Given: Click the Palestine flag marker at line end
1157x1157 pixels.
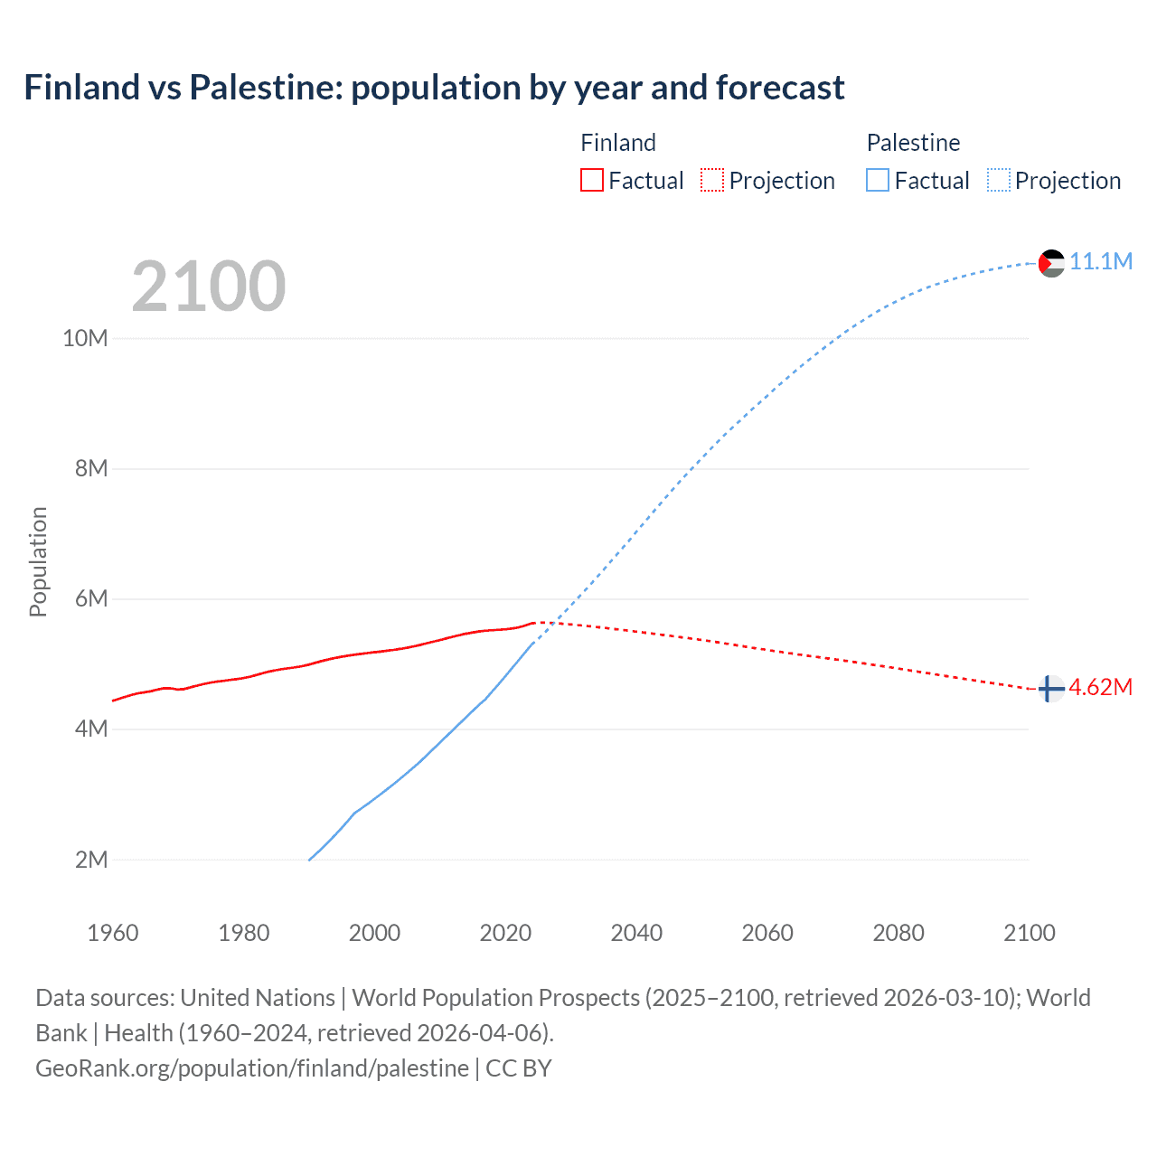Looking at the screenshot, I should point(1051,263).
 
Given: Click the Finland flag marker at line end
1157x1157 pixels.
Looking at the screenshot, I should point(1049,689).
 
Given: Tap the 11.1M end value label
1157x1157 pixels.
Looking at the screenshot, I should point(1101,261).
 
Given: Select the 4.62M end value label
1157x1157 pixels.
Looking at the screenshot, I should point(1101,687).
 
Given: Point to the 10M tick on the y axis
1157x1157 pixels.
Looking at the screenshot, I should point(85,338).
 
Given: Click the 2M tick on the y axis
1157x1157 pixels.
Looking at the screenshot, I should point(91,860).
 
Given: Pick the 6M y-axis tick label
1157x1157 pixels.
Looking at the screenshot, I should point(91,598).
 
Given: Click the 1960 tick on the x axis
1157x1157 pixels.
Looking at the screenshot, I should point(113,933).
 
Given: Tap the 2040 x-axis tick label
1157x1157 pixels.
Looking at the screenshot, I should point(636,933).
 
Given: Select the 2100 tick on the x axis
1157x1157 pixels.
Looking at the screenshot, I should point(1029,933).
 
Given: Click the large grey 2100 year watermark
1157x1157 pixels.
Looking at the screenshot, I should point(209,287).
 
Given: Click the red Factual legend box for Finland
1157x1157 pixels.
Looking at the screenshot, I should point(591,181).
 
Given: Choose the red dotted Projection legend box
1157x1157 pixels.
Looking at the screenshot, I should point(712,181).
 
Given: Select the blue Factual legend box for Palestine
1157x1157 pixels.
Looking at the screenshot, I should point(878,181).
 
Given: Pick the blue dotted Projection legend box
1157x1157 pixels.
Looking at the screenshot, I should point(999,181).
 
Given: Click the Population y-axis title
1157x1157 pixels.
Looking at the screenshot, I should point(38,561).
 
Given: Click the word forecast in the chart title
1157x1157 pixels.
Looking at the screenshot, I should point(780,88).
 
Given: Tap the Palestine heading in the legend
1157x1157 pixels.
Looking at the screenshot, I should point(913,143).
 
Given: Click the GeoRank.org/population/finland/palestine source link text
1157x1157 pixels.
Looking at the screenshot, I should point(252,1068).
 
